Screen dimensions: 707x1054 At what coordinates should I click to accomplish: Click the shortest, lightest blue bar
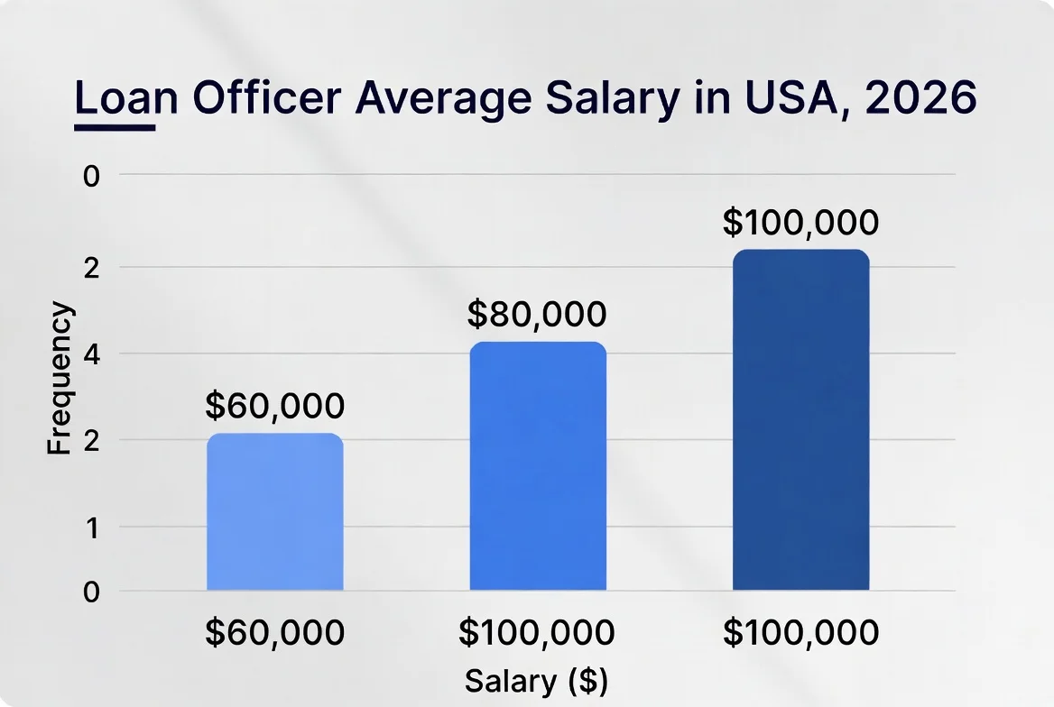(x=274, y=512)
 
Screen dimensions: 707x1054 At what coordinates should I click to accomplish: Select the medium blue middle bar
(x=538, y=466)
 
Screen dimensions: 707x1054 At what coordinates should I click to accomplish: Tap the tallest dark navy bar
(x=800, y=420)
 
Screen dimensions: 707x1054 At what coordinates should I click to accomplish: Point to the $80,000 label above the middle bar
(x=537, y=315)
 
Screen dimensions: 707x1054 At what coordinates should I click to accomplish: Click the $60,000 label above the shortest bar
(x=274, y=407)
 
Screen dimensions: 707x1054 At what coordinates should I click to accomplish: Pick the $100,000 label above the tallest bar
(x=800, y=223)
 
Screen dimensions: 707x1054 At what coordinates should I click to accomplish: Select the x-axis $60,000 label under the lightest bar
(x=274, y=633)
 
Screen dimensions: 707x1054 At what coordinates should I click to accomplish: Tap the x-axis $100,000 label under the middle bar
(x=537, y=633)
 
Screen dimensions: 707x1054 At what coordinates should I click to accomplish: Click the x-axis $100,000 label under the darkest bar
(x=800, y=633)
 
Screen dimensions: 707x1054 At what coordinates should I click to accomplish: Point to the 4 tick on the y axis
(x=90, y=353)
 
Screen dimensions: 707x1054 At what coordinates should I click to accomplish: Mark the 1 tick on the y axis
(x=90, y=527)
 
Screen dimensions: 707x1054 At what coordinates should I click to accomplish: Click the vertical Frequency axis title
(x=59, y=379)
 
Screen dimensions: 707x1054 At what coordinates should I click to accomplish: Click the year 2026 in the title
(x=920, y=98)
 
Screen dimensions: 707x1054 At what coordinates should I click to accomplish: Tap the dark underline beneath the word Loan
(x=115, y=127)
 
